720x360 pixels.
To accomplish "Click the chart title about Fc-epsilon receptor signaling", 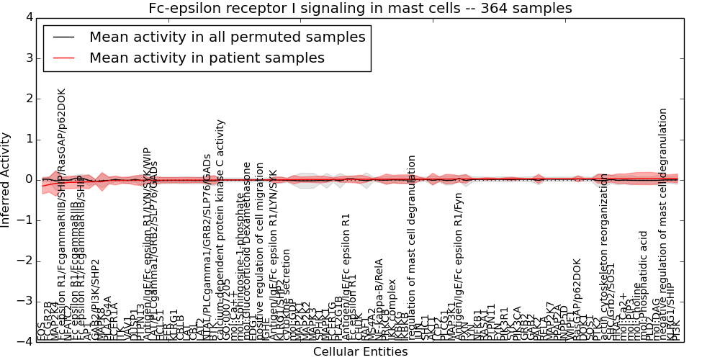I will pos(360,9).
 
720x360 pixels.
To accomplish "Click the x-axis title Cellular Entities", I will pos(360,352).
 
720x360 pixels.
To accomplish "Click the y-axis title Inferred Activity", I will pos(6,179).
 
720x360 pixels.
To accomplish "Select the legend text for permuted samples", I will pos(227,37).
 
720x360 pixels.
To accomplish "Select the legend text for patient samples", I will pos(207,58).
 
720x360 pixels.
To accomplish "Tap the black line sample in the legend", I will pos(63,37).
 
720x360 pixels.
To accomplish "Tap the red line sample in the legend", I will pos(63,58).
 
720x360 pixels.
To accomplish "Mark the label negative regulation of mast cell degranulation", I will pos(663,223).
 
